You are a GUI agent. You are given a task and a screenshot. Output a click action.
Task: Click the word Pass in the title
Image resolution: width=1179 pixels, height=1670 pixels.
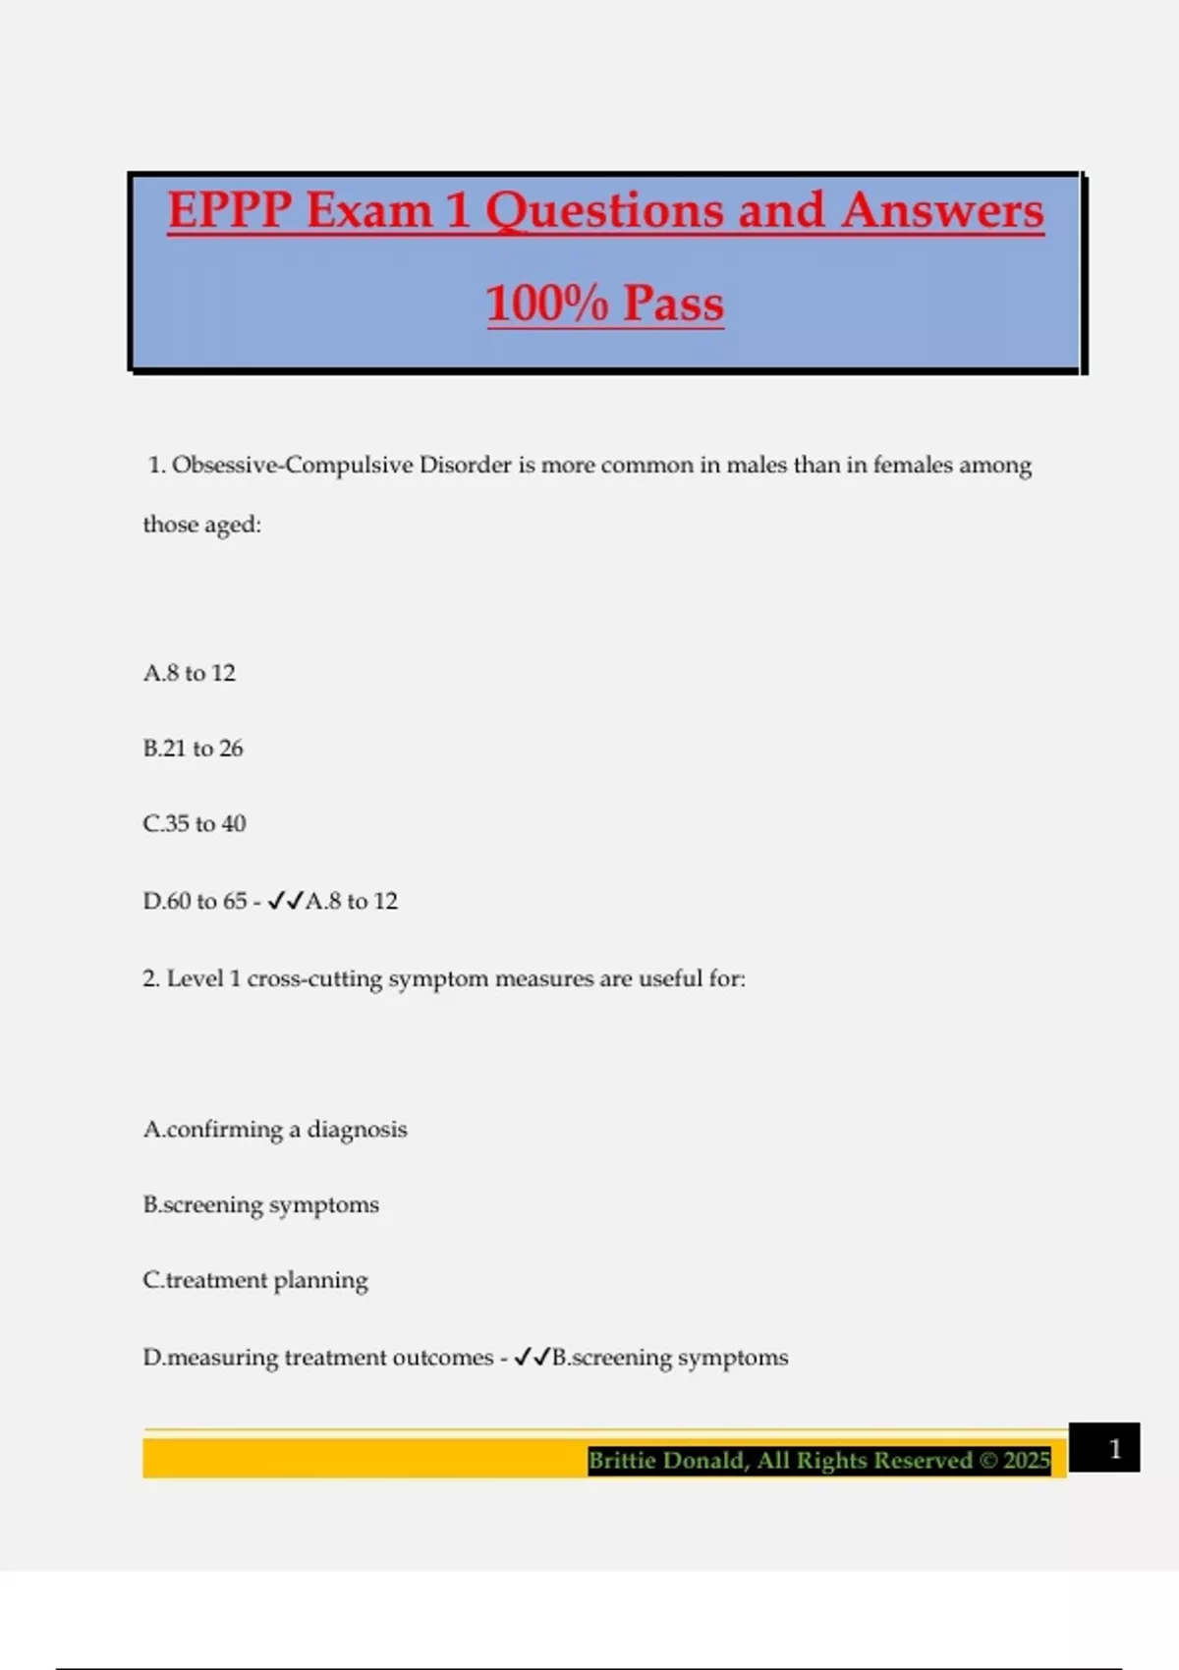pyautogui.click(x=673, y=303)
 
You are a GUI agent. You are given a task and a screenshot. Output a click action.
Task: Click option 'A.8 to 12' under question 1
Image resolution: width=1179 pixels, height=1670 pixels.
pyautogui.click(x=190, y=673)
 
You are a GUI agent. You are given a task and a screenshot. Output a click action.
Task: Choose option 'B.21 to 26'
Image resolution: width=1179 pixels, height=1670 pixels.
pyautogui.click(x=193, y=749)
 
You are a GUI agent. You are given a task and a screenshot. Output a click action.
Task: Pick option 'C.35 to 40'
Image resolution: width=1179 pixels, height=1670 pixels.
pyautogui.click(x=195, y=823)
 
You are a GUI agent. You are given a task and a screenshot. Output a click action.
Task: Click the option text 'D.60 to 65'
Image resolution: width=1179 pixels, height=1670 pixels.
pyautogui.click(x=195, y=901)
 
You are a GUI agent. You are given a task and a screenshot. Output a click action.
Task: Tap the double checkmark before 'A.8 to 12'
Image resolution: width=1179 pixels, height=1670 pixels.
pyautogui.click(x=285, y=901)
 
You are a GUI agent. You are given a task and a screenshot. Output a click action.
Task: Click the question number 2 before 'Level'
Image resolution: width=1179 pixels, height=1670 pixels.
pyautogui.click(x=150, y=978)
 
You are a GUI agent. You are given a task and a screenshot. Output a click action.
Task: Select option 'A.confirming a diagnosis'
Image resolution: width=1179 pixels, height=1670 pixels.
pyautogui.click(x=275, y=1130)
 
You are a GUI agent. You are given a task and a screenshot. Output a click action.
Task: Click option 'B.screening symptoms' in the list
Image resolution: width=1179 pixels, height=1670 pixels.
pyautogui.click(x=260, y=1205)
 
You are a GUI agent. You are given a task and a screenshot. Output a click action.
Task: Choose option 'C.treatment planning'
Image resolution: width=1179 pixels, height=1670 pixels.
pyautogui.click(x=255, y=1280)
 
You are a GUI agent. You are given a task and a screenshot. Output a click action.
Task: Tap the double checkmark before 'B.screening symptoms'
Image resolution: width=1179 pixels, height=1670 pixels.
pyautogui.click(x=532, y=1358)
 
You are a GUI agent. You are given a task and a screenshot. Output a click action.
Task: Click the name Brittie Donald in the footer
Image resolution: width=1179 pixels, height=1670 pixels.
pyautogui.click(x=668, y=1461)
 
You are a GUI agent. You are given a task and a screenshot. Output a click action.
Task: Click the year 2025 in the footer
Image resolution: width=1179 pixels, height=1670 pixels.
pyautogui.click(x=1027, y=1461)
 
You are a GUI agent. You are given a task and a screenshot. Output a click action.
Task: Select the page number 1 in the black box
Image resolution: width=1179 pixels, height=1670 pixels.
pyautogui.click(x=1114, y=1449)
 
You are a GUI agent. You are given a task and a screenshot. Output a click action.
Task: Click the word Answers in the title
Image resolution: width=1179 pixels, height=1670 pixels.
pyautogui.click(x=942, y=210)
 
